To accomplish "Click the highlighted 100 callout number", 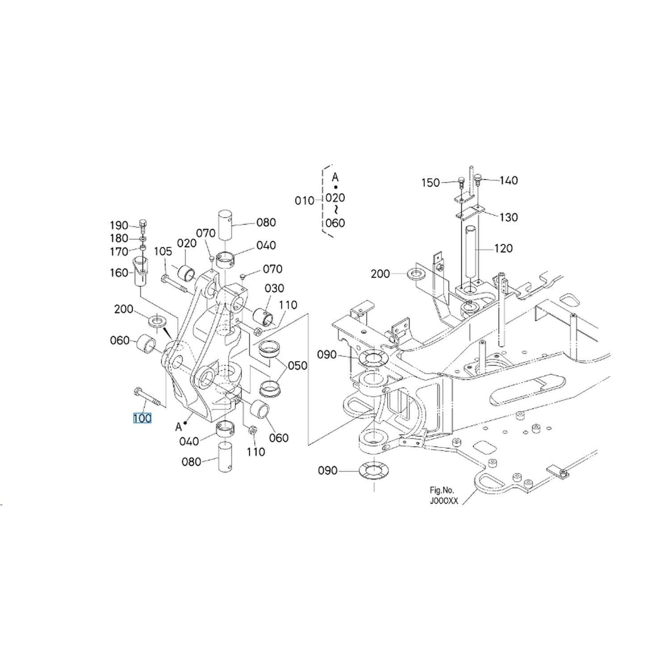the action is point(142,419).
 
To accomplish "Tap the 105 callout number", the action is point(163,251).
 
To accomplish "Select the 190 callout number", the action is point(119,226).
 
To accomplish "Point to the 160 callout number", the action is point(119,272).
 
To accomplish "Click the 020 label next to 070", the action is point(187,243).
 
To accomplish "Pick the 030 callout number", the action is point(275,288).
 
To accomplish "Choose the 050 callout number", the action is point(297,365).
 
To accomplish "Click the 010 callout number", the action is point(304,201).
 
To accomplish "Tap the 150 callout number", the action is point(431,183).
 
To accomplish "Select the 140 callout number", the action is point(509,180).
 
